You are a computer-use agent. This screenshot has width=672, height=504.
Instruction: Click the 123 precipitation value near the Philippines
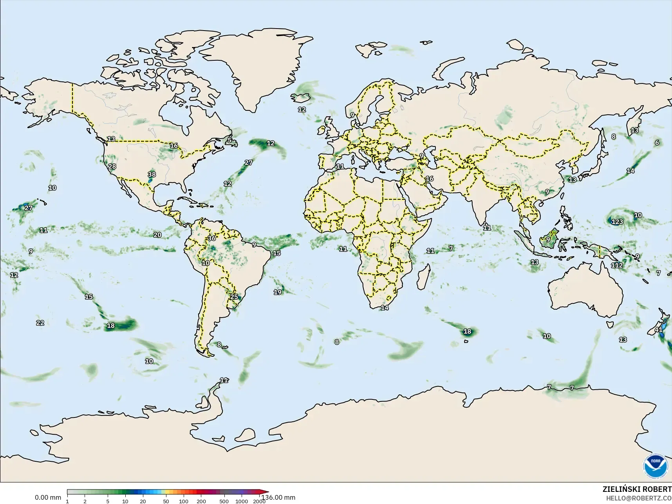tap(617, 222)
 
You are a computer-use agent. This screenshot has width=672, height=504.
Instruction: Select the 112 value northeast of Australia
tap(617, 265)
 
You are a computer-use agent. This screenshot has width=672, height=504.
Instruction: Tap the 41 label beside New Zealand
tap(659, 330)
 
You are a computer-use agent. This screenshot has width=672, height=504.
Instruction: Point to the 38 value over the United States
tap(152, 174)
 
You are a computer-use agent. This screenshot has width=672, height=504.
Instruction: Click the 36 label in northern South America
tap(212, 238)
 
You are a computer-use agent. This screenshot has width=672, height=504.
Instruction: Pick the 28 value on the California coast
tap(112, 166)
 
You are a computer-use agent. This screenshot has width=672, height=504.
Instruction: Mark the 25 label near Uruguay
tap(234, 296)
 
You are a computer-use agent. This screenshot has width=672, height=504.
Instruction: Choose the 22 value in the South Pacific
tap(40, 323)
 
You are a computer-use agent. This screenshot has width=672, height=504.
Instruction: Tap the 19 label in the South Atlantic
tap(277, 292)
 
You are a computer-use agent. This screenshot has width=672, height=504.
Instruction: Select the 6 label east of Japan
tap(657, 143)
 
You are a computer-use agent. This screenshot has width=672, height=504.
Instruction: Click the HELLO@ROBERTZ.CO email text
tap(639, 498)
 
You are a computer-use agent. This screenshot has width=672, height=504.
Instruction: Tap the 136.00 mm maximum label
tap(278, 497)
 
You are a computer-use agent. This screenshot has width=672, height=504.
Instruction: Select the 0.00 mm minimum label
tap(48, 497)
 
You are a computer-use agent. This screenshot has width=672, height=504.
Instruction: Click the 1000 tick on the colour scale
tap(242, 501)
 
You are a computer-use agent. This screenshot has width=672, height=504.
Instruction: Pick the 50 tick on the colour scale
tap(166, 501)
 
